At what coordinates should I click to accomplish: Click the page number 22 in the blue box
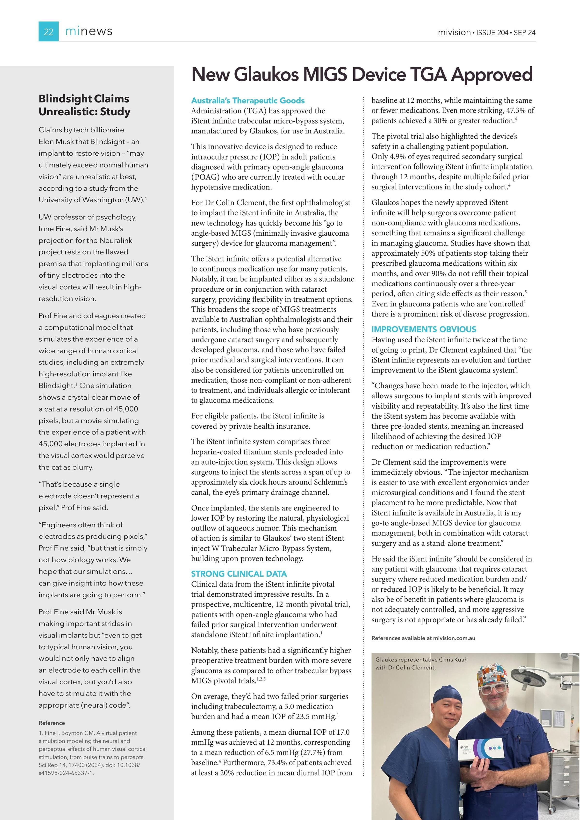(48, 32)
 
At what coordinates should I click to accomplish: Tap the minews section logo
(89, 31)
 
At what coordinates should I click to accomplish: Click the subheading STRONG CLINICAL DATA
(239, 574)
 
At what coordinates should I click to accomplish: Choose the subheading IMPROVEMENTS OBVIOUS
(424, 329)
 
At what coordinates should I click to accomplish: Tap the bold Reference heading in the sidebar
(52, 723)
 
